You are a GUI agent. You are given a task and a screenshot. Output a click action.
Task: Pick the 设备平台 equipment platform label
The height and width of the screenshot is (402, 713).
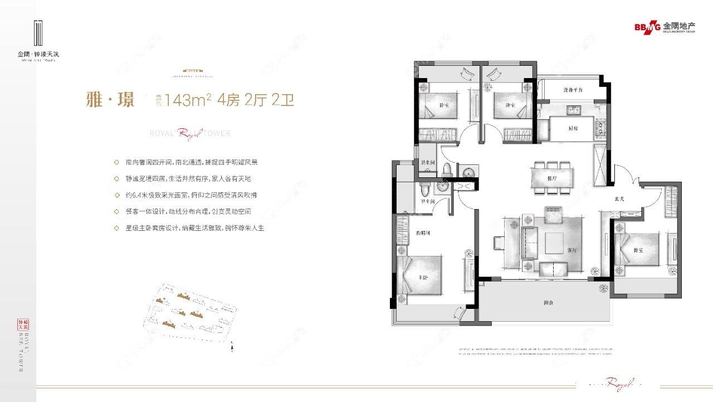pos(573,90)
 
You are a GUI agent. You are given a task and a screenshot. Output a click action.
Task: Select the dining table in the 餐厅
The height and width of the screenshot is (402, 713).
pos(552,178)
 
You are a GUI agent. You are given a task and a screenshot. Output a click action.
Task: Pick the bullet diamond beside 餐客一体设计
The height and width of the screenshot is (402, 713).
pos(115,212)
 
